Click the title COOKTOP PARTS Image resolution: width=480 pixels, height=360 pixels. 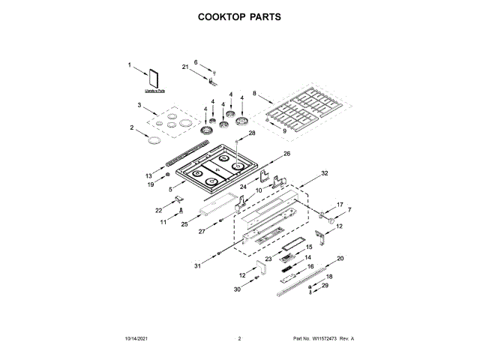(x=239, y=16)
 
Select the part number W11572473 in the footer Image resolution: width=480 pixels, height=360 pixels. (x=324, y=340)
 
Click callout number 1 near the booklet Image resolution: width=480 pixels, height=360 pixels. (x=129, y=67)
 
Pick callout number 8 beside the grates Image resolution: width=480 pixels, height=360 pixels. (x=255, y=94)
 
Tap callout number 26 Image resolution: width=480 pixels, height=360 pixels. (x=286, y=154)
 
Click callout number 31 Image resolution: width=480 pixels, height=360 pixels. (x=198, y=265)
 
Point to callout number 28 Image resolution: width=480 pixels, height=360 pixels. (x=252, y=133)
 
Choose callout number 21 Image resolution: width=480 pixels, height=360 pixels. (x=185, y=67)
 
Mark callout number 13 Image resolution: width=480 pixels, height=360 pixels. (x=148, y=175)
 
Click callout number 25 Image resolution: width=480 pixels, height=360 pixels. (x=184, y=223)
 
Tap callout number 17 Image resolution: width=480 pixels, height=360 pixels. (x=339, y=205)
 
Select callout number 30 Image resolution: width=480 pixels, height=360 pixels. (x=237, y=289)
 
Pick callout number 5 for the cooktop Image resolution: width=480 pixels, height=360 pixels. (x=171, y=190)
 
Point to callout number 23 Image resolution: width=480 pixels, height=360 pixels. (x=268, y=259)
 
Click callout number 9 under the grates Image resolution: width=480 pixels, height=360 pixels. (x=284, y=131)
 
